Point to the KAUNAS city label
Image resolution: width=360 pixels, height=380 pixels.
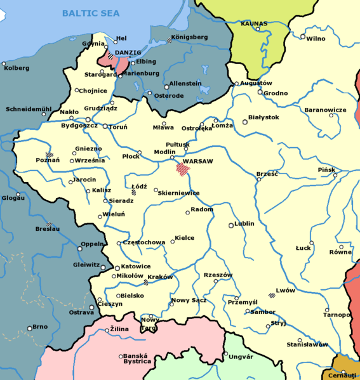[x=254, y=23]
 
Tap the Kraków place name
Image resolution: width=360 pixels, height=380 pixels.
[x=160, y=277]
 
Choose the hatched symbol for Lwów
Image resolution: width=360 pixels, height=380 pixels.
[x=272, y=294]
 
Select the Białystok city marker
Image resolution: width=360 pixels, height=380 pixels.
[x=245, y=122]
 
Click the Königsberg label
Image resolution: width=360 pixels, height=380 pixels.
[x=190, y=37]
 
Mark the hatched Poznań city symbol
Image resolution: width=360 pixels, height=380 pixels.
[x=50, y=154]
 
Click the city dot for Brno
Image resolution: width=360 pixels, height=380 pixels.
[x=29, y=328]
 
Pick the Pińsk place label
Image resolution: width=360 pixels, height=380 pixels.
[x=326, y=170]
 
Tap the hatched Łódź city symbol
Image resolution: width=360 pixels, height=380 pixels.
[x=134, y=192]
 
